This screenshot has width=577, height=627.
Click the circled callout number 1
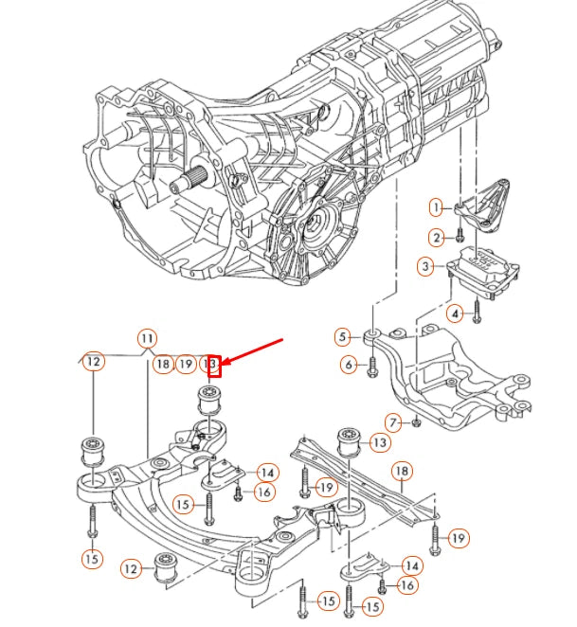pos(436,206)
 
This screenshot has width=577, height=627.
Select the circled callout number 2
pos(436,237)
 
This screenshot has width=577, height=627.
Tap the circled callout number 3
pos(426,266)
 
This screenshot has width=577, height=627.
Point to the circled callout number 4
pos(456,313)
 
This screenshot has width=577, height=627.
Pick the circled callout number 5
pos(342,335)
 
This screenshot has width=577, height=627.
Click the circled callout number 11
pos(146,337)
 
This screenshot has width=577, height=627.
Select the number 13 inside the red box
pos(212,364)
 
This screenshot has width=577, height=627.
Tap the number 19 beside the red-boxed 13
pos(186,364)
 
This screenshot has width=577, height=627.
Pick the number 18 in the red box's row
pos(162,364)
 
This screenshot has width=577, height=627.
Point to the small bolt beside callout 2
pos(459,236)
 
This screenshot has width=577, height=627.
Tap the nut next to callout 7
pos(415,421)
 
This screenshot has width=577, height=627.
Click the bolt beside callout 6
pos(373,365)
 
